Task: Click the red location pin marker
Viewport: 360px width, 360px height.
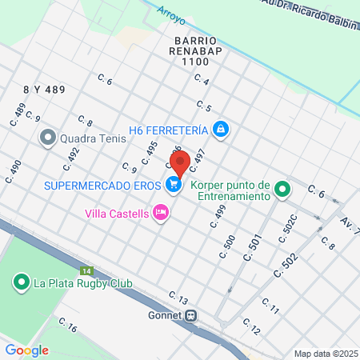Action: (x=180, y=162)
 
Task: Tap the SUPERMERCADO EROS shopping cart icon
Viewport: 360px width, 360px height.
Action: (x=174, y=185)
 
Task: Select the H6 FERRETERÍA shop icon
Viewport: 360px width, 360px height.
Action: (x=222, y=129)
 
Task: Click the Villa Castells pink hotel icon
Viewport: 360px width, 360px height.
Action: (x=160, y=213)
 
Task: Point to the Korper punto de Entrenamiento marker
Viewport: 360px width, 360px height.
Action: (x=282, y=190)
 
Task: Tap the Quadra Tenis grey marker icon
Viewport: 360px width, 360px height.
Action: (x=48, y=138)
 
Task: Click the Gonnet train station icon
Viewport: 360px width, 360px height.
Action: (x=191, y=315)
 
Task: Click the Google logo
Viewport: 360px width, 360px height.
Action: (x=26, y=350)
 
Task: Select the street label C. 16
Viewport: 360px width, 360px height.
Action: (x=67, y=327)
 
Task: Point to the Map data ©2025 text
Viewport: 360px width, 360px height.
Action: (x=325, y=354)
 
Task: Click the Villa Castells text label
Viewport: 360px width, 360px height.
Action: (x=118, y=214)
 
